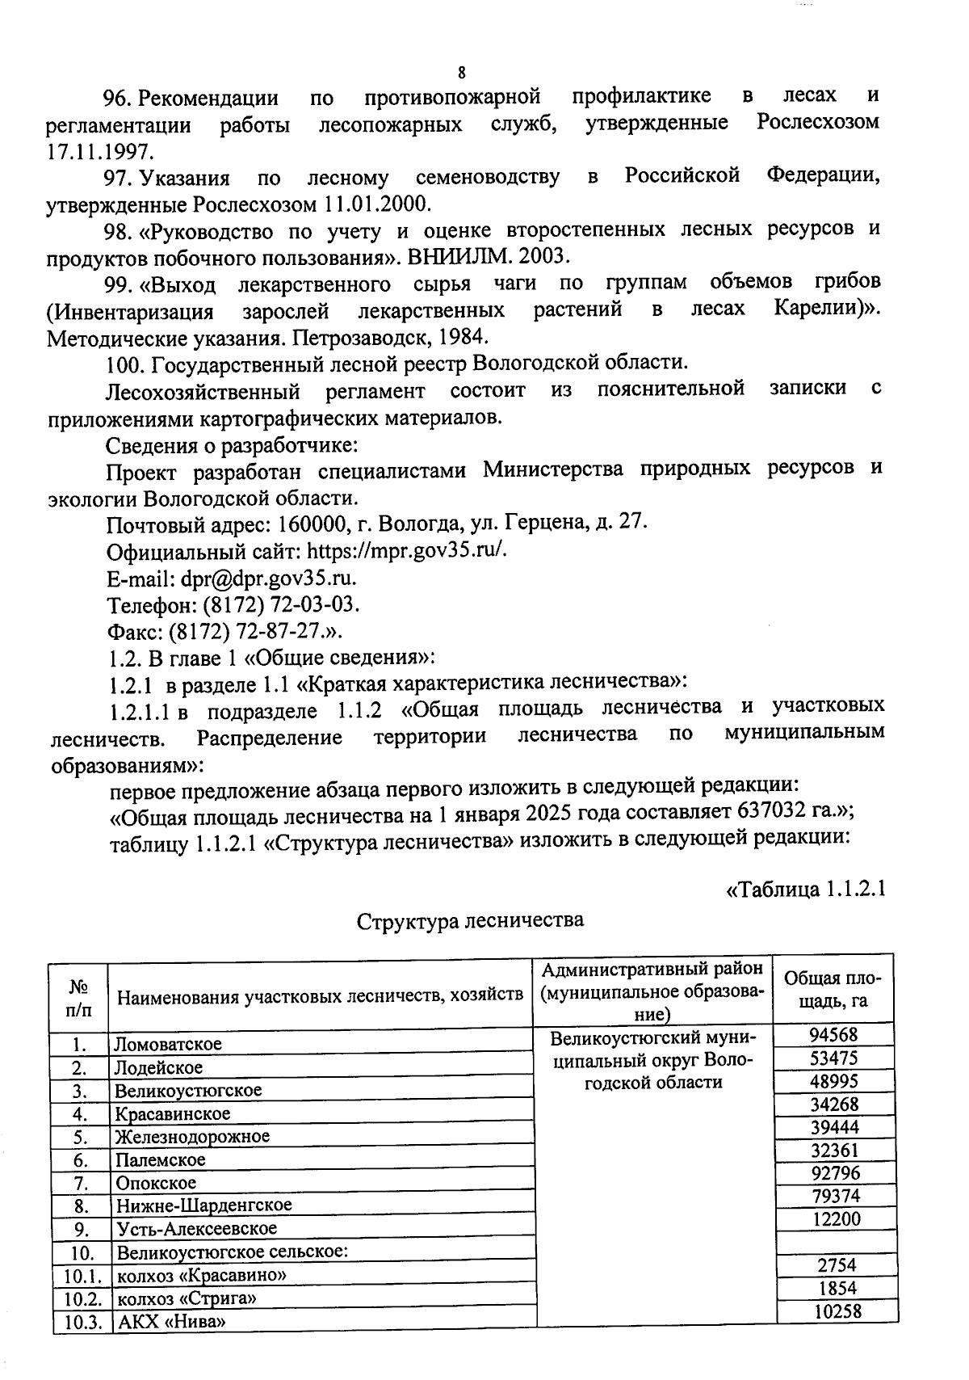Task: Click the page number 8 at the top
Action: point(461,73)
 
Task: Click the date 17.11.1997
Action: point(99,151)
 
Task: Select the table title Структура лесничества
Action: point(470,920)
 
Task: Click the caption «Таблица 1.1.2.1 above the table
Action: point(805,890)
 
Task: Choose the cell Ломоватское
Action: point(168,1044)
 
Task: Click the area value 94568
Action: point(835,1034)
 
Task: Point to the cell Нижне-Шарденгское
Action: point(203,1205)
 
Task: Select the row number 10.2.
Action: point(81,1299)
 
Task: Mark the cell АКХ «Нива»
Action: point(170,1322)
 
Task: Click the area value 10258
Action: point(837,1311)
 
